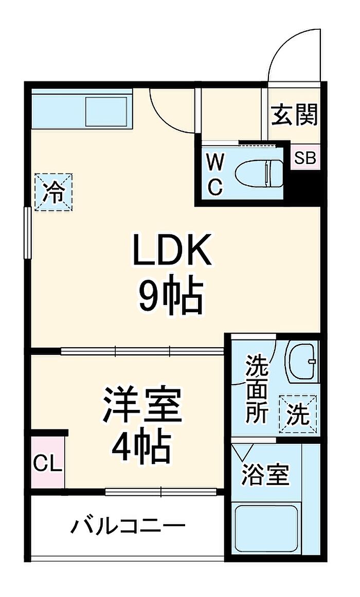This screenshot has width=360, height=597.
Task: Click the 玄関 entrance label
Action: (x=294, y=115)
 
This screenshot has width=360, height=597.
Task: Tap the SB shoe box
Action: (x=305, y=158)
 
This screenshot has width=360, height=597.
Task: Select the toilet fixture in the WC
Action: (x=259, y=174)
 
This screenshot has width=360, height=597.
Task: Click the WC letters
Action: (x=215, y=175)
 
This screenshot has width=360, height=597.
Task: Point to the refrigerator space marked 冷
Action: (x=53, y=191)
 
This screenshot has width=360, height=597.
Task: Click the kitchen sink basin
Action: (x=106, y=111)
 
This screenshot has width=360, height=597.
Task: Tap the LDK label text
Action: (x=171, y=250)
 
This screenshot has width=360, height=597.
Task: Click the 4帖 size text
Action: (x=142, y=446)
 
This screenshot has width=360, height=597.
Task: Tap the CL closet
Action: (x=48, y=462)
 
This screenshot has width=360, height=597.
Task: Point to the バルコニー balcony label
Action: (x=129, y=527)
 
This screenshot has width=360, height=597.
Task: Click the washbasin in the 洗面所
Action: (x=302, y=361)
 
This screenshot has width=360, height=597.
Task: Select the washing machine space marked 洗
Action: (x=298, y=414)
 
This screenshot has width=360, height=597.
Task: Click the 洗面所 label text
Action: (x=257, y=388)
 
